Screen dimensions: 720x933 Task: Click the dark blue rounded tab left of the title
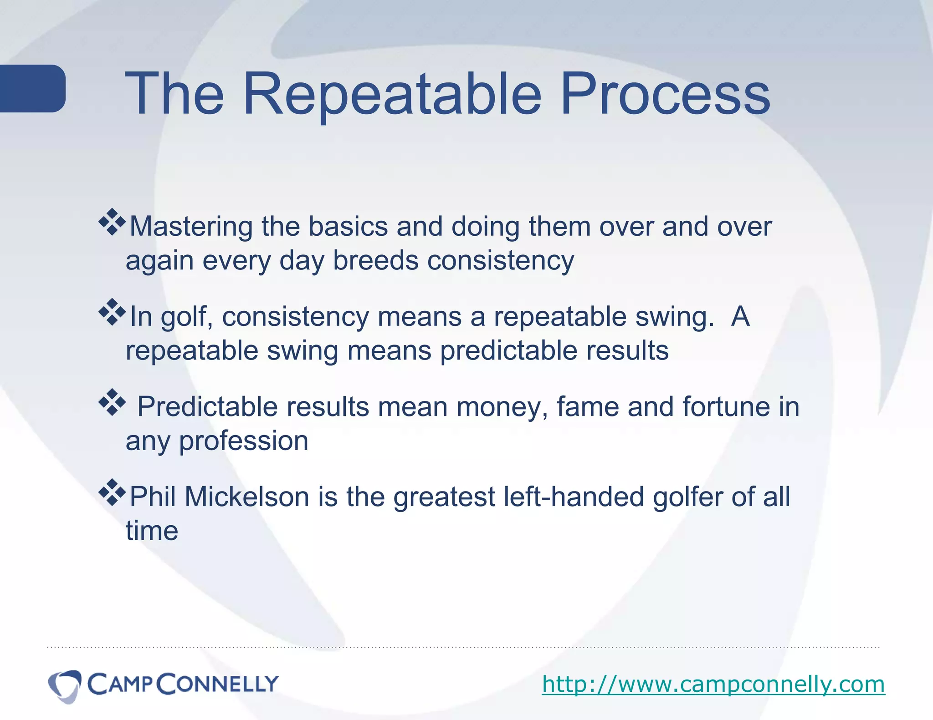pos(32,88)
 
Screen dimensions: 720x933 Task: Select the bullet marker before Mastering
pos(112,222)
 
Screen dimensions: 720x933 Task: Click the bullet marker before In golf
pos(112,312)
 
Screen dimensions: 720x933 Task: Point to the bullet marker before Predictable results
pos(112,402)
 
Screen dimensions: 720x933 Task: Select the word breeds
pos(375,261)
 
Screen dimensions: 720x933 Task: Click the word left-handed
pos(574,497)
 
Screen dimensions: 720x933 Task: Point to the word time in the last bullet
pos(152,531)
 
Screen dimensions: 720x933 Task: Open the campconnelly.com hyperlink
pos(713,684)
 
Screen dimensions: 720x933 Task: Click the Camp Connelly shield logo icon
pos(65,685)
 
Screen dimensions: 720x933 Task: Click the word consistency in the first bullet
pos(500,261)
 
